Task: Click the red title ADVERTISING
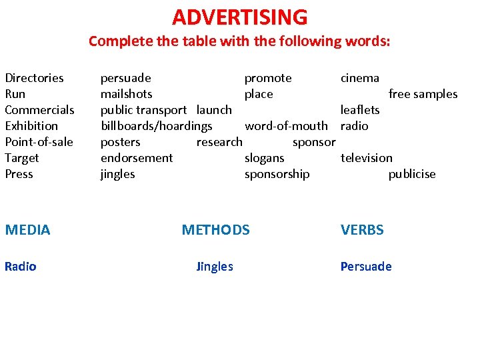(x=240, y=17)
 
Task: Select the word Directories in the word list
(x=34, y=78)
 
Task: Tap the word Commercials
(x=39, y=110)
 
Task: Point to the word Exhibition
(x=31, y=126)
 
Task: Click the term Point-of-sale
(x=39, y=142)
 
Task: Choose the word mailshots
(x=126, y=94)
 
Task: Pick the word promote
(x=268, y=78)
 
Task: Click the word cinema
(x=359, y=78)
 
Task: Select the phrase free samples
(x=423, y=94)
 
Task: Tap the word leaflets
(x=360, y=110)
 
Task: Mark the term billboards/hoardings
(x=156, y=126)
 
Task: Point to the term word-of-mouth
(x=286, y=126)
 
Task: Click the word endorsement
(x=136, y=158)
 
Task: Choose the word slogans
(x=264, y=158)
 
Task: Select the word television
(x=366, y=158)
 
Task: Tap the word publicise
(x=411, y=174)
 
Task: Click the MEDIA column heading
(x=27, y=230)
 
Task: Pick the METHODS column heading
(x=215, y=230)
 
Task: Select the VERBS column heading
(x=362, y=230)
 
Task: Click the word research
(x=219, y=142)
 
